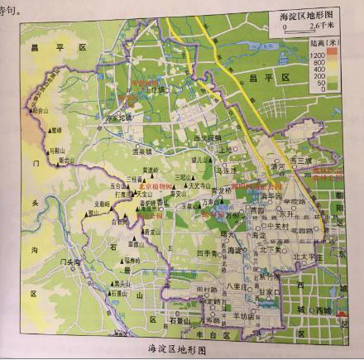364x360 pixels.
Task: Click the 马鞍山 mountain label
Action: tap(56, 151)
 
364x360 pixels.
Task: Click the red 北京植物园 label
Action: tap(154, 188)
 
